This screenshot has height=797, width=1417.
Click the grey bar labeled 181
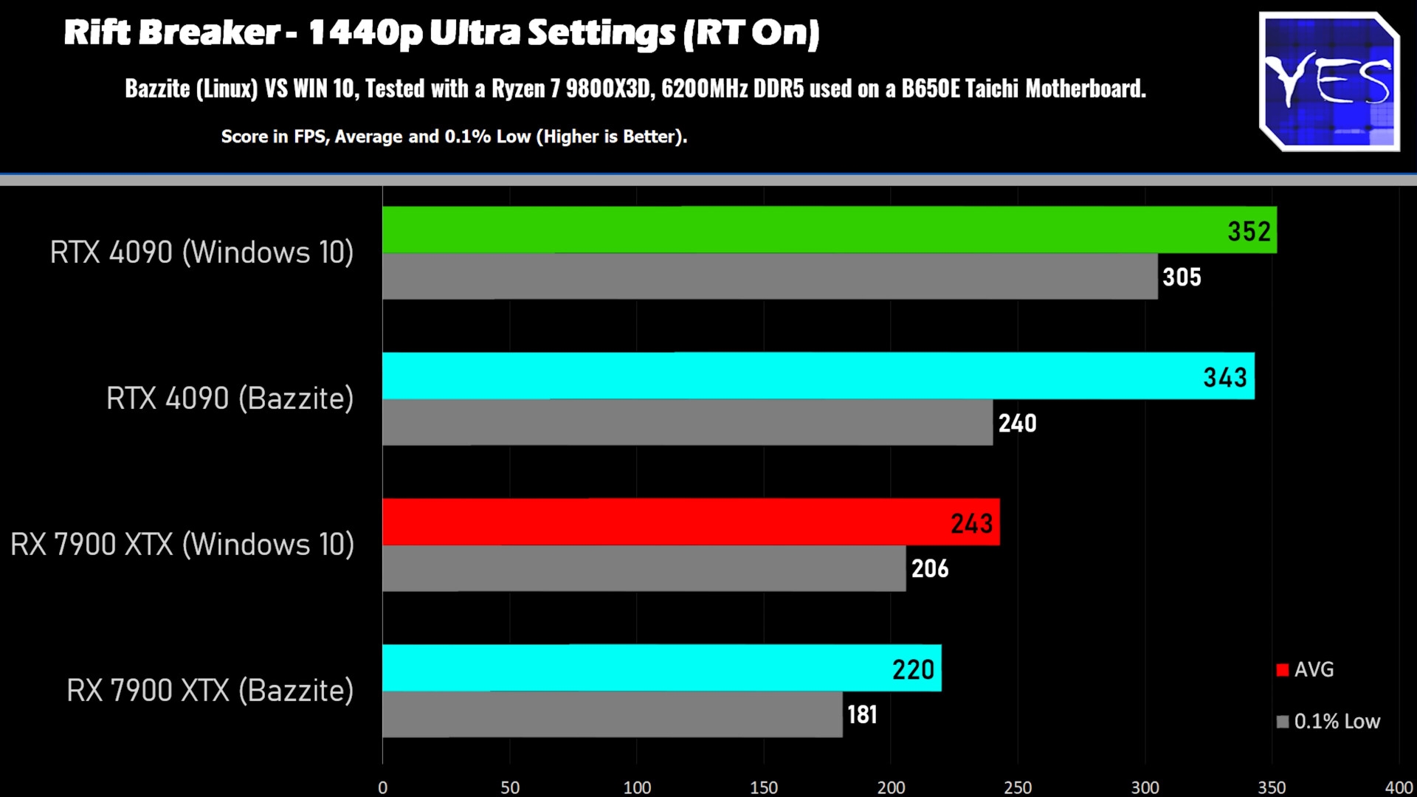click(613, 714)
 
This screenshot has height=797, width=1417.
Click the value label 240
click(1017, 423)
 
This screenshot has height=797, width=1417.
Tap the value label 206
click(930, 568)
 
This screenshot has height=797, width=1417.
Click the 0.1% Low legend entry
click(1328, 721)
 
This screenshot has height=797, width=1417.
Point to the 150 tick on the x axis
click(764, 787)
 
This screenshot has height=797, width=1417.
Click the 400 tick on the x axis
click(1399, 787)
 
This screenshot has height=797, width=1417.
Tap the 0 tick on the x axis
click(382, 787)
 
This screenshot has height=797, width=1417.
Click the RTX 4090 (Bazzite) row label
click(230, 398)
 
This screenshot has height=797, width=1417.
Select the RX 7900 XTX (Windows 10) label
click(182, 545)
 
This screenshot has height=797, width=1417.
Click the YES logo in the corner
click(1328, 81)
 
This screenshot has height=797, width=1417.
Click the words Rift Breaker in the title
click(171, 33)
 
